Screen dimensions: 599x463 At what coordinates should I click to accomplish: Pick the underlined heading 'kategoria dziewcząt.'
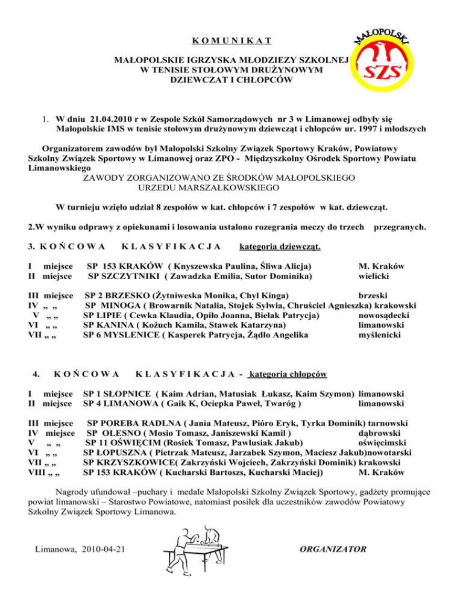(280, 246)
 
